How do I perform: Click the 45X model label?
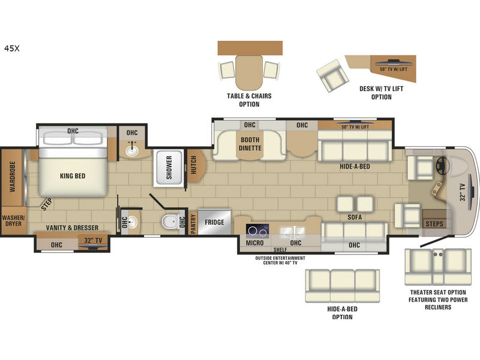coord(11,49)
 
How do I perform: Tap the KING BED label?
coord(73,176)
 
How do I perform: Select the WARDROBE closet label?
coord(12,176)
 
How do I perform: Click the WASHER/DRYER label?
coord(13,221)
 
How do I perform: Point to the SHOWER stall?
coord(169,168)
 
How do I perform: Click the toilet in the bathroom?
coord(170,221)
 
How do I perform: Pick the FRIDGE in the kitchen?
coord(214,222)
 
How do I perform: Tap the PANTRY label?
coord(193,224)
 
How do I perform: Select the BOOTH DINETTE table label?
coord(250,144)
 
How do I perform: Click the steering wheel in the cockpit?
coord(442,166)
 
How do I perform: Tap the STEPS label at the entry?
coord(434,224)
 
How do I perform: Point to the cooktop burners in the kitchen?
coord(257,231)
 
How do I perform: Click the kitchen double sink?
coord(292,231)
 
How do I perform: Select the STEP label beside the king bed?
coord(47,204)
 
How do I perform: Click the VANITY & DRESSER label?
coord(72,228)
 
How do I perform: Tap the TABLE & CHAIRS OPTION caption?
coord(249,100)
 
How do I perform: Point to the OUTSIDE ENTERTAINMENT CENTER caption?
coord(280,260)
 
